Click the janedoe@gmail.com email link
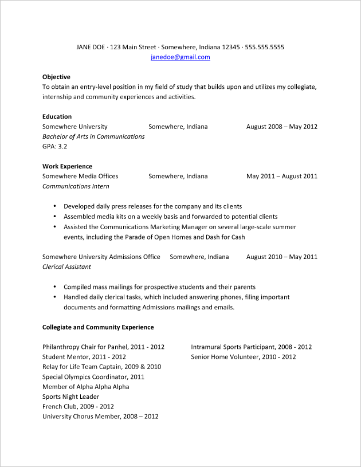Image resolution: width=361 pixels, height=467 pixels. click(180, 57)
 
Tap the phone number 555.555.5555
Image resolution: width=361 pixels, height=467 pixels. click(264, 47)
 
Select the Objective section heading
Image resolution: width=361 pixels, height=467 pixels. click(56, 77)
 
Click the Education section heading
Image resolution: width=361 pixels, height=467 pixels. click(57, 116)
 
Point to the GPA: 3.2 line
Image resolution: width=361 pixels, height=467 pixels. click(55, 146)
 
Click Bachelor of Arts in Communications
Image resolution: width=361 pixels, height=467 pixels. click(93, 136)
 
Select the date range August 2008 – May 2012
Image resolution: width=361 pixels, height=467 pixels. click(281, 127)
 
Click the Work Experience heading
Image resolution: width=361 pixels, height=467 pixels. click(67, 166)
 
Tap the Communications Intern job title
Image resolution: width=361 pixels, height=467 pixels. click(76, 186)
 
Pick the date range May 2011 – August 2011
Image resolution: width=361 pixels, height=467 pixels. click(281, 176)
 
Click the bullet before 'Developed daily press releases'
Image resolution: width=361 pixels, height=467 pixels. click(54, 206)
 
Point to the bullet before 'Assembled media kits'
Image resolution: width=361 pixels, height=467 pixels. click(54, 217)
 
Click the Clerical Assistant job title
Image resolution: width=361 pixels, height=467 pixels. click(66, 266)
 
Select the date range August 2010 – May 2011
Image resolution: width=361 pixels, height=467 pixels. click(281, 257)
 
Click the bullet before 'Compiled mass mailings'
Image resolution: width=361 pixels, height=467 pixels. click(54, 287)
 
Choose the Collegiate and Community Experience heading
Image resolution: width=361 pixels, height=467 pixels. click(98, 327)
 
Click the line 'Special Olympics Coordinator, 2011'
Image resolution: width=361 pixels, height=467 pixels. click(93, 377)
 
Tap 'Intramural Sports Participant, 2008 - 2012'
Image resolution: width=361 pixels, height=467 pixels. click(252, 347)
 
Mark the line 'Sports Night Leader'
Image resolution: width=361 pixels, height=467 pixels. click(70, 397)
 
